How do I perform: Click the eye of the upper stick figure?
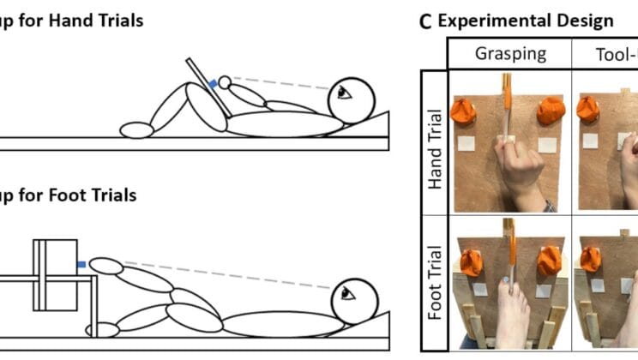(x=344, y=93)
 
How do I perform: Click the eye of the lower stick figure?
(x=347, y=293)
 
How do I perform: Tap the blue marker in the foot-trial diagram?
(x=81, y=265)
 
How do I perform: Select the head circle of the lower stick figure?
(x=355, y=299)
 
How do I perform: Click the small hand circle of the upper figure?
(x=225, y=82)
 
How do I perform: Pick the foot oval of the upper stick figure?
(x=136, y=130)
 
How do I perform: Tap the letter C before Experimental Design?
(x=425, y=21)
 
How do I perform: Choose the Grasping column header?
(x=510, y=53)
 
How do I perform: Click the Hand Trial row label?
(x=436, y=148)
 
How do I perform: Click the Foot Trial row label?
(x=436, y=284)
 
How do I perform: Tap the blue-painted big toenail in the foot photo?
(x=508, y=280)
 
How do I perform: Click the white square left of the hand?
(x=466, y=144)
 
